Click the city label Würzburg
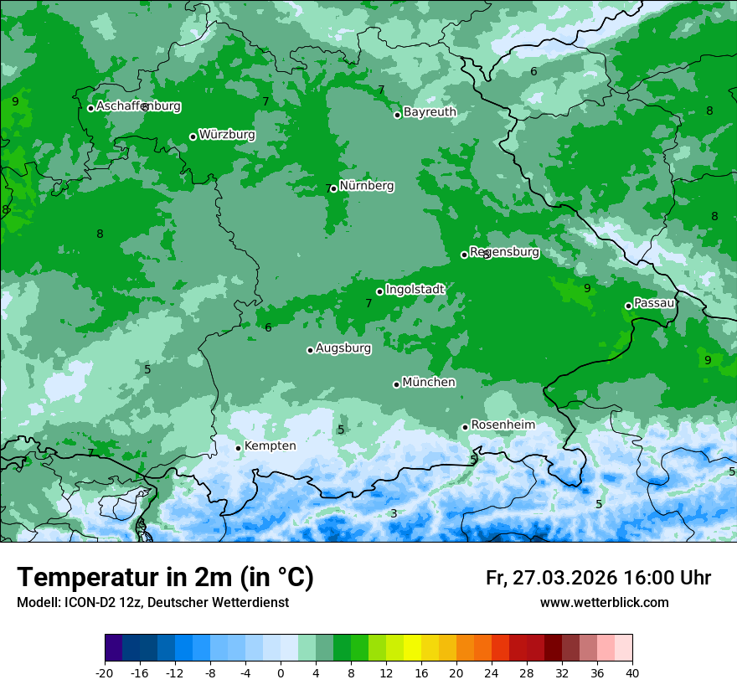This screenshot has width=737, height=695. pos(227,135)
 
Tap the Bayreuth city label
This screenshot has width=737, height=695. pos(430,112)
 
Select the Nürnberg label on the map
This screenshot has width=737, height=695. pos(366,186)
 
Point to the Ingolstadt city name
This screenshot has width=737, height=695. pos(415,290)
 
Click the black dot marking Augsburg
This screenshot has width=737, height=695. pos(310,350)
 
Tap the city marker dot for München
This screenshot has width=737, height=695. pos(396,384)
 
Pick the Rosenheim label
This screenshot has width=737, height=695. pos(502,425)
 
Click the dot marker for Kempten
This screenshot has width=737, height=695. pos(238,448)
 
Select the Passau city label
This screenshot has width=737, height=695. pos(654,303)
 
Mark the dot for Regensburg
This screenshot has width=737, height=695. pos(464,255)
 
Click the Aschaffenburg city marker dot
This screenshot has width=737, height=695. pos(90,108)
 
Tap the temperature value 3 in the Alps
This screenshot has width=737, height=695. pos(394,513)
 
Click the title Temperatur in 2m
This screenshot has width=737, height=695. pos(165,578)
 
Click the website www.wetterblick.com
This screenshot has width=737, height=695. pos(604,603)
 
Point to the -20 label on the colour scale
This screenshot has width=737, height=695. pos(105,673)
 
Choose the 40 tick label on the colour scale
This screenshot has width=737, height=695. pos(631,673)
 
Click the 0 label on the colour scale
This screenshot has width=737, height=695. pos(281,673)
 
